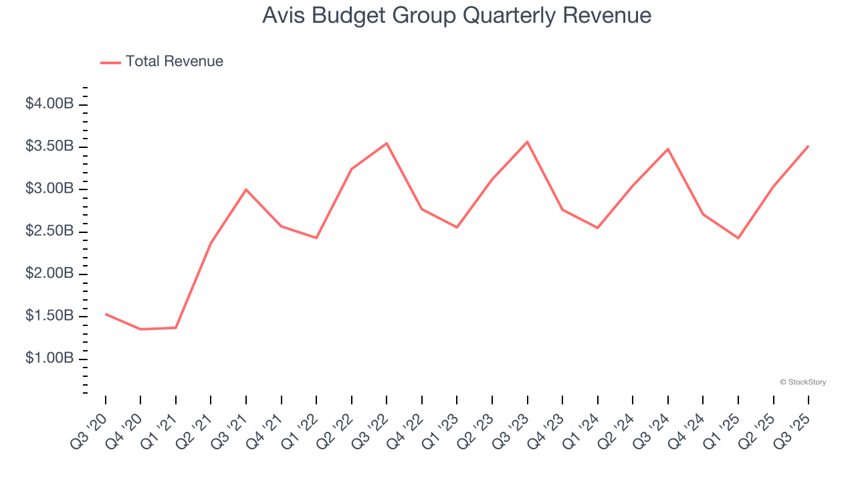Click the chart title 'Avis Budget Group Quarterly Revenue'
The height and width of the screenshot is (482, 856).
coord(457,15)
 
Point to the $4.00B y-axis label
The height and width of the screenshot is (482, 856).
coord(49,104)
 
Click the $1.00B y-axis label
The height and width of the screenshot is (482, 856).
coord(49,358)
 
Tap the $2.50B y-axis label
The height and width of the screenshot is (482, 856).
coord(49,231)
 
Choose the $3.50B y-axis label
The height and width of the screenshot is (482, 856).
coord(49,146)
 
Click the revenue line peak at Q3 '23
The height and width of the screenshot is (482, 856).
coord(528,142)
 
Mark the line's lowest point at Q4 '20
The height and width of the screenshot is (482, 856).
coord(140,329)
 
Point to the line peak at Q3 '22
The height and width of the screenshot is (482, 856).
coord(387,143)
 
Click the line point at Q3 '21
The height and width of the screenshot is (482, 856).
coord(246,189)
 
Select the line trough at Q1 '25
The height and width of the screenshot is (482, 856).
coord(738,238)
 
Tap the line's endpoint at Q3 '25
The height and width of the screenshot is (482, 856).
coord(809,146)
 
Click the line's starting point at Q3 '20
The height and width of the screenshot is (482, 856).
coord(106,314)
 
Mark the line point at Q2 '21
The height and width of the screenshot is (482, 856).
coord(211,243)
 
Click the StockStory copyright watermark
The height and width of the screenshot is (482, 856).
coord(802,382)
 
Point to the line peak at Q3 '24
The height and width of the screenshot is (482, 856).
coord(668,149)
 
